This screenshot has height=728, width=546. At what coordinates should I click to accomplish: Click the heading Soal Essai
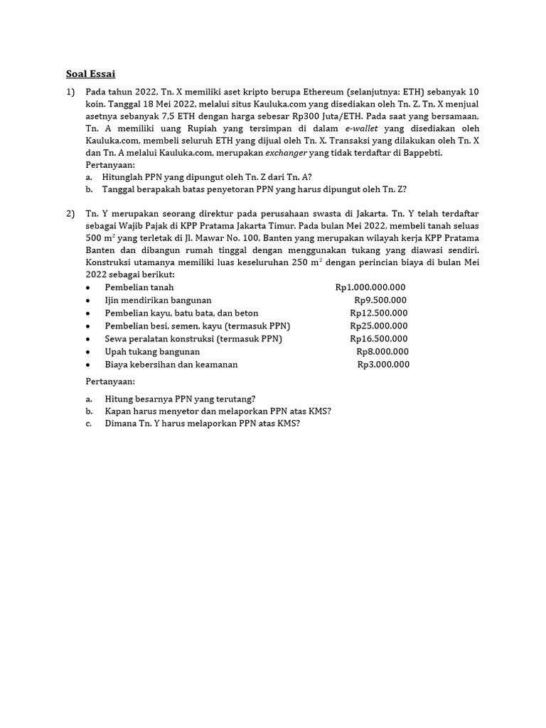coord(90,73)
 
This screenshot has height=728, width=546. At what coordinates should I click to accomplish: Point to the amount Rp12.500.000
coord(378,313)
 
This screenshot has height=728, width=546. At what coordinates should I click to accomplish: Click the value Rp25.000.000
coord(379,326)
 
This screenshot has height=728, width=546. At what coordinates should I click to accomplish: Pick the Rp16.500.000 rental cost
coord(379,338)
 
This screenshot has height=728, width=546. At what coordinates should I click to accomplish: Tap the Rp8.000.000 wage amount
coord(382,351)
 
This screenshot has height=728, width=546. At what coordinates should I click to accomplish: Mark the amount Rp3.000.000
coord(383,364)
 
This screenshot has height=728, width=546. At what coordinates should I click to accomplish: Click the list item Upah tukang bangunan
coord(152,351)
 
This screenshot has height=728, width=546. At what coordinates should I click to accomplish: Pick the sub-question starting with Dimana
coord(202,423)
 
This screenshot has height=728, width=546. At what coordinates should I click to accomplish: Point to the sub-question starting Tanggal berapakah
coord(255,189)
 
